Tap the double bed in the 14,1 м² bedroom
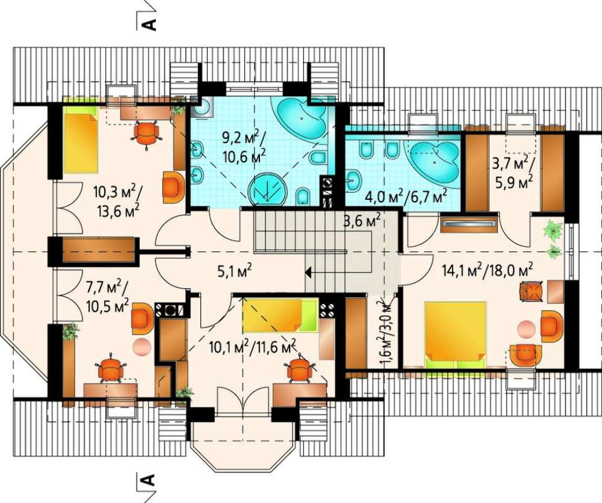[455, 334]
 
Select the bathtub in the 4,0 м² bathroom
[435, 161]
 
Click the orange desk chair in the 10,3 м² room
[147, 134]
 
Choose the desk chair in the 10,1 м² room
[299, 369]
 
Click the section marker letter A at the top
[149, 23]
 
